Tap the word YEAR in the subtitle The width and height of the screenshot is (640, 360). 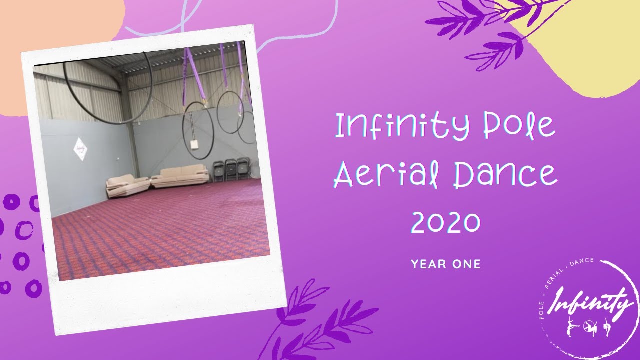[x=428, y=264]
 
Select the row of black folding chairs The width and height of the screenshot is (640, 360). [x=231, y=170]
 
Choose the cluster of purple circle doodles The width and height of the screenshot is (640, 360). [x=20, y=245]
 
